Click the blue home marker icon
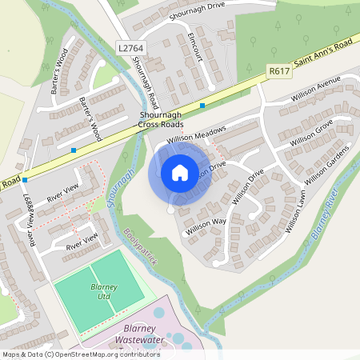tap(180, 173)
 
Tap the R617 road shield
tap(279, 71)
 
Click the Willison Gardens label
tap(328, 162)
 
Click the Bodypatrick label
tap(138, 249)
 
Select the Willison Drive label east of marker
tap(247, 186)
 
